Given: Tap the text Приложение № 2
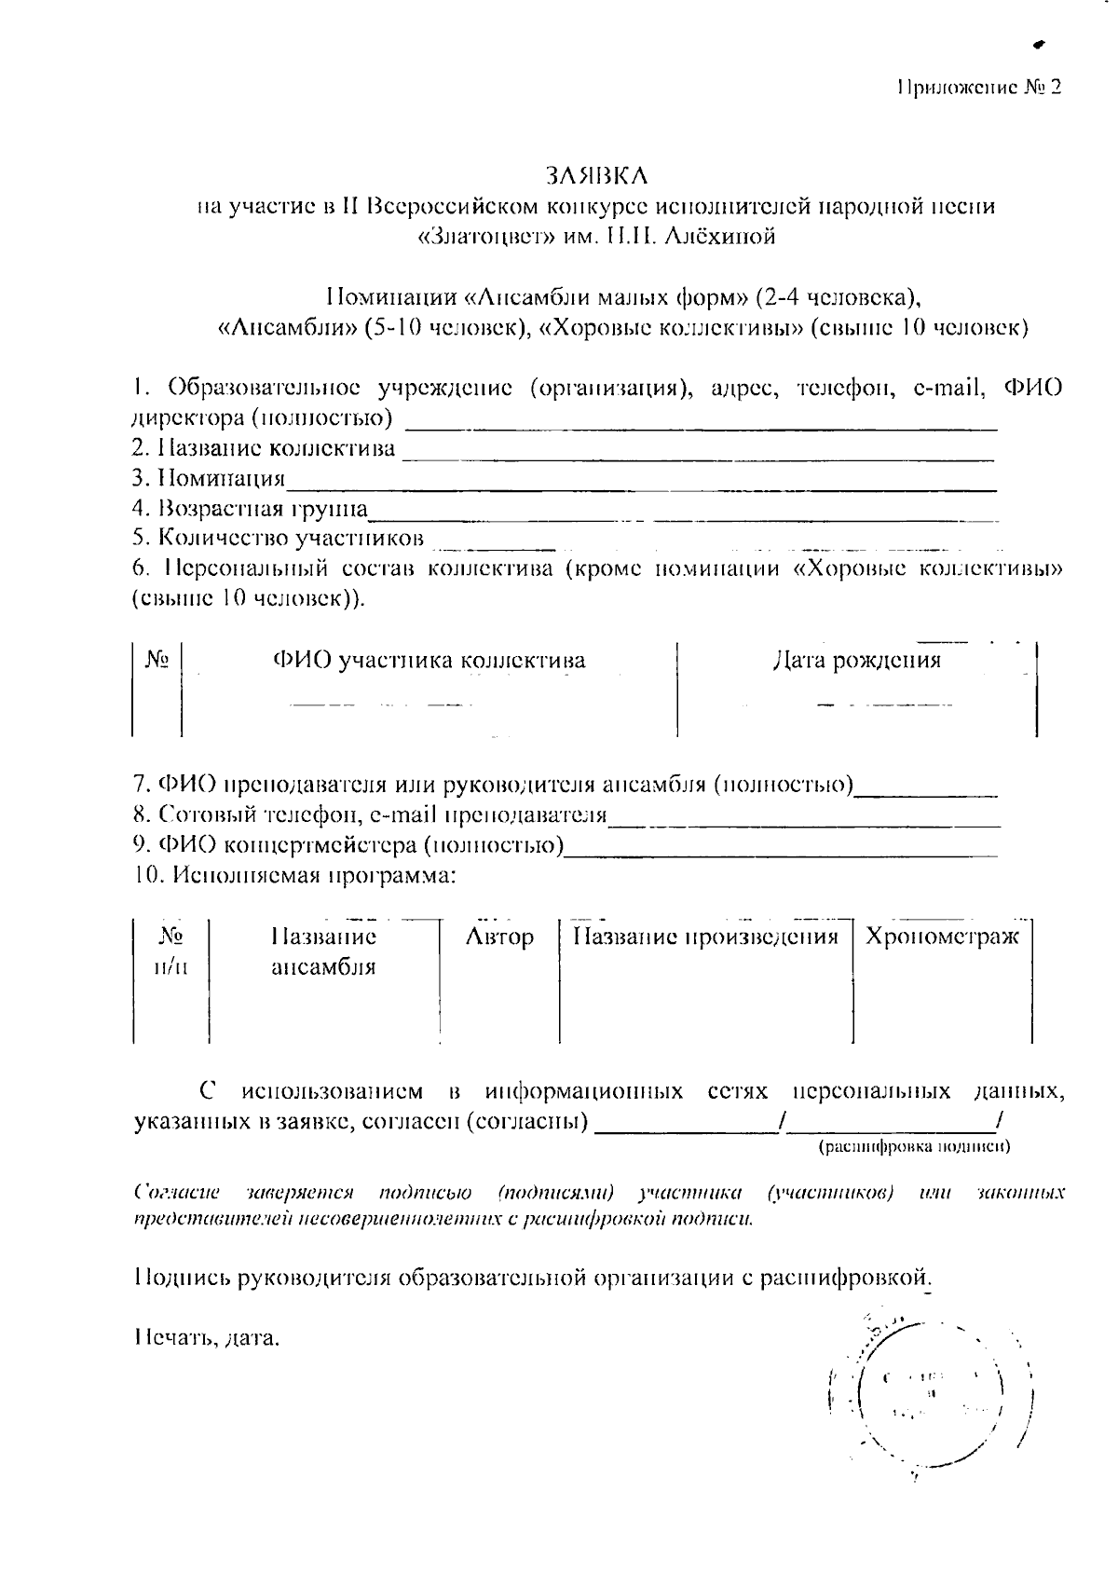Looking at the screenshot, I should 978,88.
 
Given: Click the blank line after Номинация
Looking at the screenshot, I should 643,485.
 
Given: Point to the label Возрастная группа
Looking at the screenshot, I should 250,509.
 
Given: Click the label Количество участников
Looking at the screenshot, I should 278,538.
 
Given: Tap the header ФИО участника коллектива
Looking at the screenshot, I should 429,661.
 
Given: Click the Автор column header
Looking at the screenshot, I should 499,937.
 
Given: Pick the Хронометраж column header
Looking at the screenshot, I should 942,937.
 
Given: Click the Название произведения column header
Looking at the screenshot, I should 705,937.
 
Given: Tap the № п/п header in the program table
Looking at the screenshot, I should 170,951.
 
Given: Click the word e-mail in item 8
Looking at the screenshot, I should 402,815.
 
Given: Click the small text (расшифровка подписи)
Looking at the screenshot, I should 913,1146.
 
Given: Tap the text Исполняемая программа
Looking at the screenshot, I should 294,876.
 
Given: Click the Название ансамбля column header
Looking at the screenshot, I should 323,951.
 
